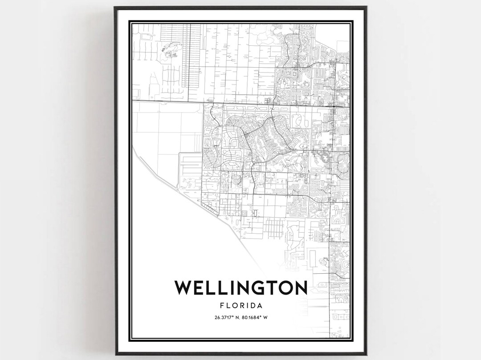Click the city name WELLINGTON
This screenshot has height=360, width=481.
click(240, 288)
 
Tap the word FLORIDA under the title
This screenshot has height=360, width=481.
click(240, 306)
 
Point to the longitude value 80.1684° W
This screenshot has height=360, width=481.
click(256, 317)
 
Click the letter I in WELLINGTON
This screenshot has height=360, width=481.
click(227, 288)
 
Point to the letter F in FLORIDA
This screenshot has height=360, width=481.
click(221, 306)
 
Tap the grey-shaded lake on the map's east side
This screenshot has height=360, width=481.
click(324, 157)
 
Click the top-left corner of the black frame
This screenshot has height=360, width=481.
click(114, 7)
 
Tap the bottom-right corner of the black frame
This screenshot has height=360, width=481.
click(366, 355)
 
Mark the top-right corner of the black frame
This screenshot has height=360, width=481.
click(366, 7)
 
